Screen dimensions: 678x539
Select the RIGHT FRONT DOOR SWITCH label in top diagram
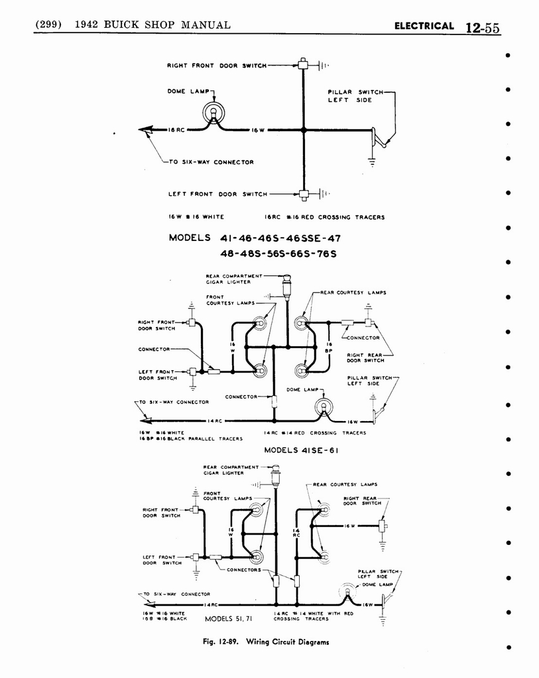point(216,66)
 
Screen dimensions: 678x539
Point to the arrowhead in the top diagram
point(147,130)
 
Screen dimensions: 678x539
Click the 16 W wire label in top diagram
point(258,130)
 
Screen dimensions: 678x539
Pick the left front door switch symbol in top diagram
point(304,195)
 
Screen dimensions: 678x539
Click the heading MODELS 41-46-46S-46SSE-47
point(255,238)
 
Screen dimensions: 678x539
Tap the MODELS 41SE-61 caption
point(294,450)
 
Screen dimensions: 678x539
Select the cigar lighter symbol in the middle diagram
point(287,288)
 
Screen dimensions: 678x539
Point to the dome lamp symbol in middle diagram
point(324,407)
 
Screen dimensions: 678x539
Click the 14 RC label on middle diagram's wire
point(213,421)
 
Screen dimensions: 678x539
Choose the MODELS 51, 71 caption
point(229,619)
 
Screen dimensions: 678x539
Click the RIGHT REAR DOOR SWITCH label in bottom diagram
point(362,501)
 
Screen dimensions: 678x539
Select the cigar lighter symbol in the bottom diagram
point(276,475)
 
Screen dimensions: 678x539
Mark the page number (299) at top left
point(48,25)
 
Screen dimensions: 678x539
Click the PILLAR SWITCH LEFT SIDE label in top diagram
point(351,96)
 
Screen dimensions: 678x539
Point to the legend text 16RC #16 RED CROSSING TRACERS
point(324,217)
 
